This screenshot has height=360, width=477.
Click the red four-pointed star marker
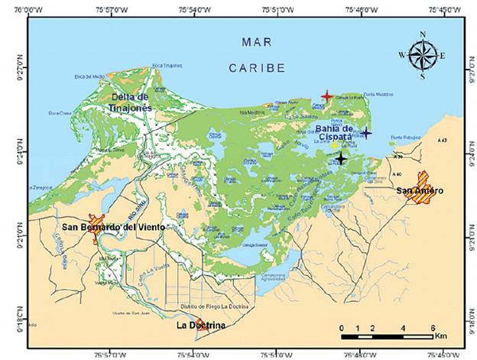tap(326, 96)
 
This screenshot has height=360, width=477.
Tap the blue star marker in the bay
tap(366, 132)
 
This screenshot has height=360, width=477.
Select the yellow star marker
tap(334, 145)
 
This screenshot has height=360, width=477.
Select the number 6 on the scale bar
tap(432, 327)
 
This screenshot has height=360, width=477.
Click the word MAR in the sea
tap(251, 41)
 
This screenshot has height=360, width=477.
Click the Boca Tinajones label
tap(167, 66)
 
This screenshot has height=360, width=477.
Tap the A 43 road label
tap(442, 141)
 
